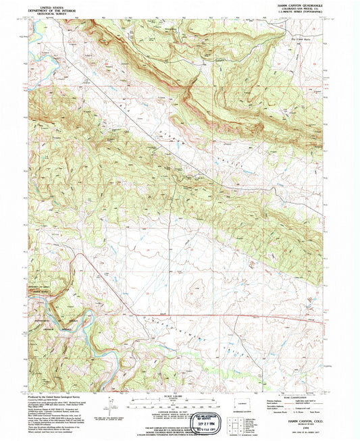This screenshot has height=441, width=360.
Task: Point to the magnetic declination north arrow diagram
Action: (108, 408)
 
